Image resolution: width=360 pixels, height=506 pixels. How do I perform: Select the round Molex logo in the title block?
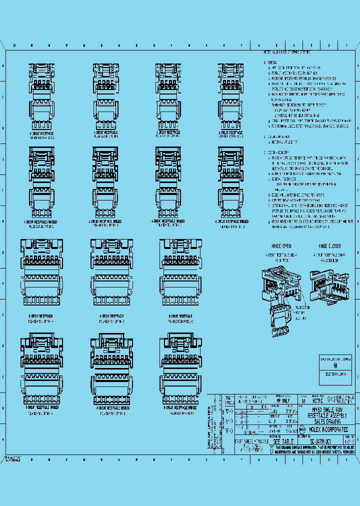tap(302, 428)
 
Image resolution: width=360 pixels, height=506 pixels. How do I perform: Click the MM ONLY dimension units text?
tap(283, 400)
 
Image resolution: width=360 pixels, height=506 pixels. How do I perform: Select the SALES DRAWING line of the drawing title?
tap(328, 421)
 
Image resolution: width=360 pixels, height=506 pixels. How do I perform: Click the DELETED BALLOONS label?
tap(335, 374)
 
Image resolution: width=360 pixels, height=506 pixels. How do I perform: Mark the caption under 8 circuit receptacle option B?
tap(111, 318)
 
